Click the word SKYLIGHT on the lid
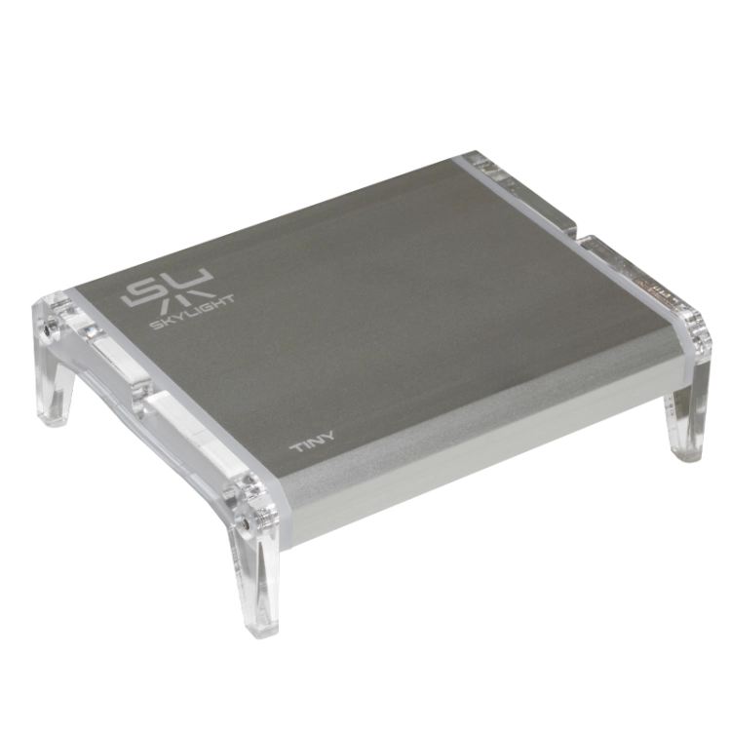[193, 311]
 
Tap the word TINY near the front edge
[312, 442]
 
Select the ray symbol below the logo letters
[183, 301]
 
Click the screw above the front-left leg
[243, 524]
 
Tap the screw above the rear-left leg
[48, 328]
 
